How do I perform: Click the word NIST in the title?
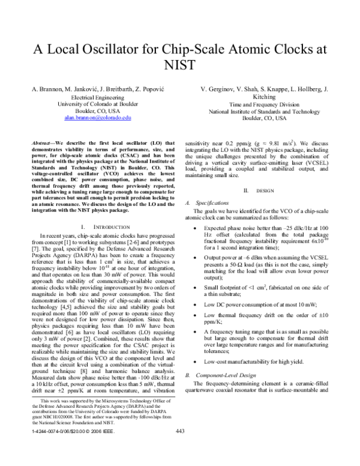click(180, 64)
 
